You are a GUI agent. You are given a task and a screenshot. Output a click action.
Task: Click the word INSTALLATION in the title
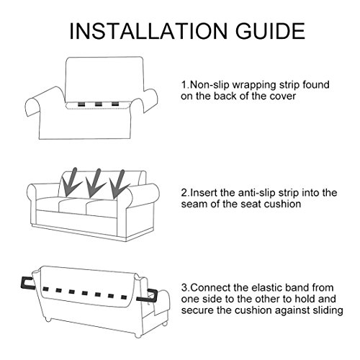[148, 31]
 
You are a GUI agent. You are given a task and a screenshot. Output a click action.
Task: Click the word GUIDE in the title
[270, 31]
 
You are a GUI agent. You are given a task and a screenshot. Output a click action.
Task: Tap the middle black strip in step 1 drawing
[98, 104]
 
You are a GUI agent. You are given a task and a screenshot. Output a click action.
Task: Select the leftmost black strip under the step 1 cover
[81, 104]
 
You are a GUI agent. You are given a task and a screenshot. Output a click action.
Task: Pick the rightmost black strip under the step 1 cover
[115, 104]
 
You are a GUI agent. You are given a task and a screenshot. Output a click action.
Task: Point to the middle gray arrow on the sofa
[94, 183]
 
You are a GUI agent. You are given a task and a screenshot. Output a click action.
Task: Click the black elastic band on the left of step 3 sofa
[27, 283]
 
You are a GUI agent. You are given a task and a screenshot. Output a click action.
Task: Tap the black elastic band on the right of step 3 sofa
[148, 296]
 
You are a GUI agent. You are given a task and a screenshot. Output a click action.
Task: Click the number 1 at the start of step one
[184, 85]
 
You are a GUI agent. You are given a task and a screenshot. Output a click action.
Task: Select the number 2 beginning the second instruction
[184, 193]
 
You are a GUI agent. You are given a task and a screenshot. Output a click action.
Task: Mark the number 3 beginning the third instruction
[184, 288]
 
